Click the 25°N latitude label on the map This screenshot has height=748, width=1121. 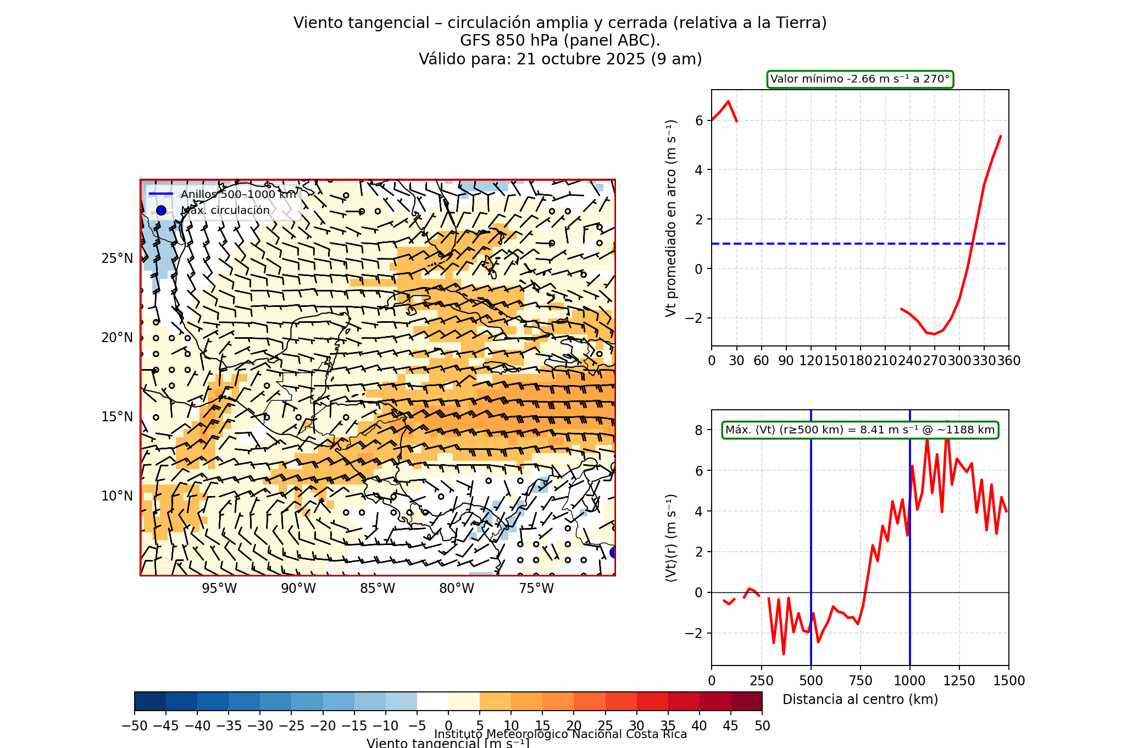point(117,258)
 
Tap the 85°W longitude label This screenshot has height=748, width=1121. point(378,588)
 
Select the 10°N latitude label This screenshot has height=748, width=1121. point(117,496)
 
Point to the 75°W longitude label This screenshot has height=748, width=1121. point(536,588)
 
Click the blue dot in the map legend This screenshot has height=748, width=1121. point(161,210)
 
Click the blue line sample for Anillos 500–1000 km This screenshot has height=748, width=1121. point(161,194)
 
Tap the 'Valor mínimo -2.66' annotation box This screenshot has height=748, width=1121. point(859,79)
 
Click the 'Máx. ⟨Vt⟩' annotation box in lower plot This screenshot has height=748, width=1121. point(859,430)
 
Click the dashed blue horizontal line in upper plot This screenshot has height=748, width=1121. point(824,243)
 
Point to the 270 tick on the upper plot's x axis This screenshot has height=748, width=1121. point(934,361)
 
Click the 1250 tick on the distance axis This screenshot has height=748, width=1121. point(959,681)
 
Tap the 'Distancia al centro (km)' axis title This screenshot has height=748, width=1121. point(859,700)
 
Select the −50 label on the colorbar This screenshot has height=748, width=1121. point(135,726)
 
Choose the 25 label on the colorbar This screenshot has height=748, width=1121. point(605,726)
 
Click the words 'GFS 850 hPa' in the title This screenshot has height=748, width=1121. point(506,41)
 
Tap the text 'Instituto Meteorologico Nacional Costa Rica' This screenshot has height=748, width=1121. point(560,734)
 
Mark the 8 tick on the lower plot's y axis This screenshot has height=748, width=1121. point(698,430)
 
